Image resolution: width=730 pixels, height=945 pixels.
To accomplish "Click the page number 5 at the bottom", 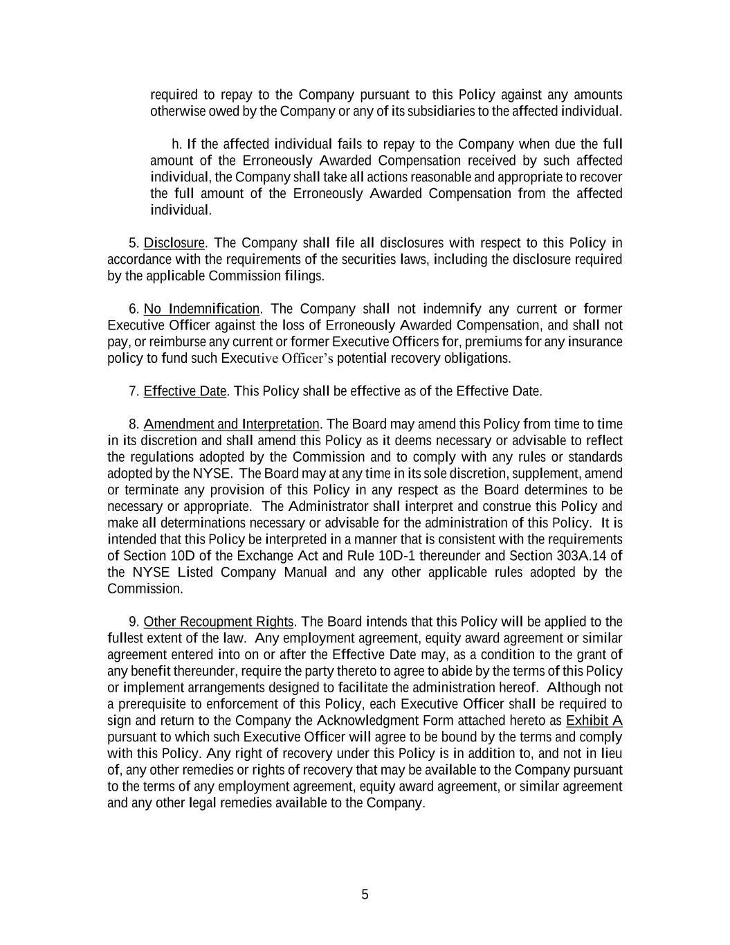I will coord(365,894).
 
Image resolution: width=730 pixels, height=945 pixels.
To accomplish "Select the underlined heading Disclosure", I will coord(174,243).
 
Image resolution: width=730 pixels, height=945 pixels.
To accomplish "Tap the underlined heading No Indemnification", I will coord(201,309).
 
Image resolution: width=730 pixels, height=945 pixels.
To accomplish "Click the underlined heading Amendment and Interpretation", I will coord(231,424).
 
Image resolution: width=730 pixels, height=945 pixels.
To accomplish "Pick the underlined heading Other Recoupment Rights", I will coord(219,622).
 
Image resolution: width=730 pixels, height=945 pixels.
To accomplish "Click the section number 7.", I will coord(134,391).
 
